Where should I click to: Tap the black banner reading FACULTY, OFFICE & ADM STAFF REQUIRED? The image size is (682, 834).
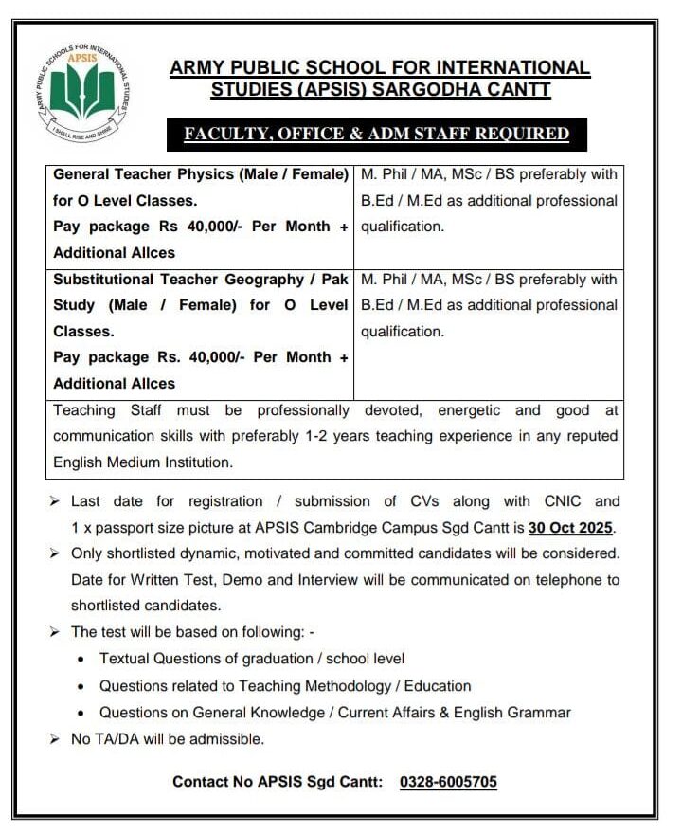pos(376,134)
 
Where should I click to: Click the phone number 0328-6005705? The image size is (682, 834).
pos(448,782)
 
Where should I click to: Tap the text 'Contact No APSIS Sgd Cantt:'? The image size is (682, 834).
pos(278,782)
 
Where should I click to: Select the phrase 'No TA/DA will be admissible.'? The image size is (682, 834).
pos(168,738)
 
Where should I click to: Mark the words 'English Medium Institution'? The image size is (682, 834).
pos(143,462)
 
